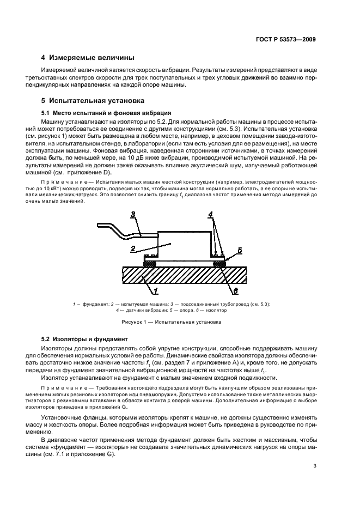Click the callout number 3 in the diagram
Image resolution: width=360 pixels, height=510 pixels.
133,215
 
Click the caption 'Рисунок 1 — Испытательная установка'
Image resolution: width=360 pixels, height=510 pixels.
179,322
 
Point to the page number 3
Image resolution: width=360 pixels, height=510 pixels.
315,466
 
